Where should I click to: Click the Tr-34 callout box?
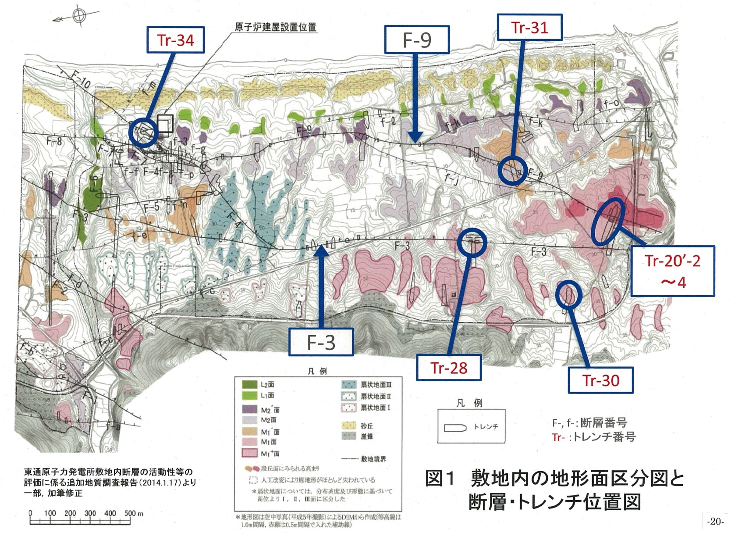[176, 40]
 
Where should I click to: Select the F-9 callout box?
[417, 40]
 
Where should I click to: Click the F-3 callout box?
[321, 342]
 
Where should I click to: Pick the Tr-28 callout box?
[449, 368]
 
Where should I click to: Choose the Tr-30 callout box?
[601, 380]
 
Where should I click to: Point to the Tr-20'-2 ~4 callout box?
[672, 271]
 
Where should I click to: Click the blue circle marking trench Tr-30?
[568, 294]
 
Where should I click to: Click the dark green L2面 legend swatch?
[249, 384]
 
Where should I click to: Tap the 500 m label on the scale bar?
[134, 513]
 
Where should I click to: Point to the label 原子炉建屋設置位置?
[275, 26]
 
